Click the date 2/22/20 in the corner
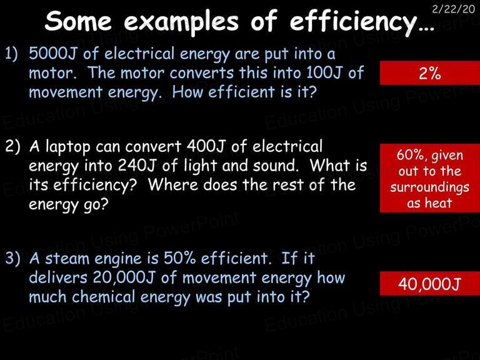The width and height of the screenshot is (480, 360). [x=453, y=9]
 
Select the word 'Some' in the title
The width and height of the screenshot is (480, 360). [x=78, y=21]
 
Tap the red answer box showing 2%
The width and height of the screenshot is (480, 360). [x=430, y=73]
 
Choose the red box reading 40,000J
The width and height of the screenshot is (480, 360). [x=430, y=284]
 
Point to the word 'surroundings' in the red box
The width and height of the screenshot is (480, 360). [x=429, y=187]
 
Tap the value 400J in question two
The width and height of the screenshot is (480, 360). [x=206, y=146]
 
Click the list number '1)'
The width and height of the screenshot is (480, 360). [x=11, y=54]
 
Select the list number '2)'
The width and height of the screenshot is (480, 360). [x=12, y=147]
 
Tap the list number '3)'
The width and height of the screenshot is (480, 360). [x=12, y=259]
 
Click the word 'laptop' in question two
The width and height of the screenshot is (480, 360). [x=68, y=147]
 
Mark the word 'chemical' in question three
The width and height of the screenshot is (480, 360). [x=104, y=297]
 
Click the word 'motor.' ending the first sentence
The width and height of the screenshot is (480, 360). [x=52, y=73]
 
